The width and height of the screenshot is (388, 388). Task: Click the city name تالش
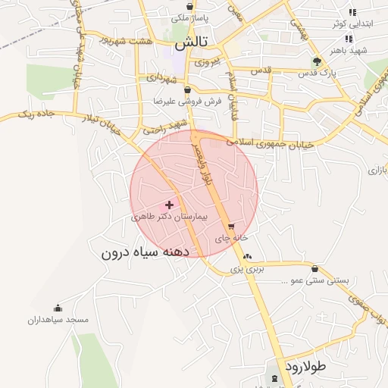[191, 45]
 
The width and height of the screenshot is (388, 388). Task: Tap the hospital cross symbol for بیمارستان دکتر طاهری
[169, 205]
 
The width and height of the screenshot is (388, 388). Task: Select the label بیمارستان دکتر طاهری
[174, 217]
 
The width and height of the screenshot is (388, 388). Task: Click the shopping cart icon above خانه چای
[231, 226]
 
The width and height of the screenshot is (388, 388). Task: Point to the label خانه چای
[228, 238]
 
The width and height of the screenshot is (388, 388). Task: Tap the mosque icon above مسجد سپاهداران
[58, 308]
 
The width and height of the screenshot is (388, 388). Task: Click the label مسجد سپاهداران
[58, 320]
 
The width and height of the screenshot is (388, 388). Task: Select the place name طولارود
[305, 366]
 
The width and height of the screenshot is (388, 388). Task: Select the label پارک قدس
[337, 74]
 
